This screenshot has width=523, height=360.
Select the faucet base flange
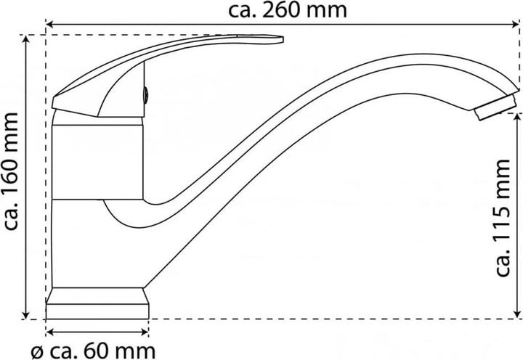click(x=97, y=303)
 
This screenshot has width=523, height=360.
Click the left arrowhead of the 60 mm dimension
click(x=49, y=332)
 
